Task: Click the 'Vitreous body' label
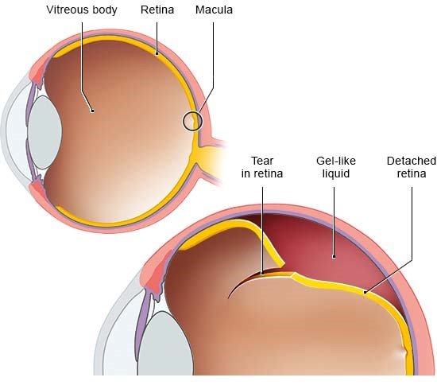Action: pyautogui.click(x=82, y=10)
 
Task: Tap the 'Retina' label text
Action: pyautogui.click(x=157, y=10)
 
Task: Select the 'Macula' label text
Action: pyautogui.click(x=214, y=10)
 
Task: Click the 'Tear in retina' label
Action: pyautogui.click(x=262, y=167)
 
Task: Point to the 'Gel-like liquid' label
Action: pyautogui.click(x=336, y=167)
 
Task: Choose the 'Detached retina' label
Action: pyautogui.click(x=412, y=167)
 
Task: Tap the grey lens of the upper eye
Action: pyautogui.click(x=44, y=132)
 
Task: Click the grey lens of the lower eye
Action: pyautogui.click(x=165, y=344)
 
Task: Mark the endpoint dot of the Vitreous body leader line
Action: pyautogui.click(x=92, y=111)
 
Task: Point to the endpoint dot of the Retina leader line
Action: pyautogui.click(x=157, y=53)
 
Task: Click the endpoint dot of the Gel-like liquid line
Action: pyautogui.click(x=334, y=256)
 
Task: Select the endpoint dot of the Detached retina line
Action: pyautogui.click(x=365, y=292)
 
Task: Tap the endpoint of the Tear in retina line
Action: pyautogui.click(x=262, y=274)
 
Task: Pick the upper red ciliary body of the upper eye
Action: pyautogui.click(x=37, y=73)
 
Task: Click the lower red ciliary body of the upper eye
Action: pyautogui.click(x=37, y=190)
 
